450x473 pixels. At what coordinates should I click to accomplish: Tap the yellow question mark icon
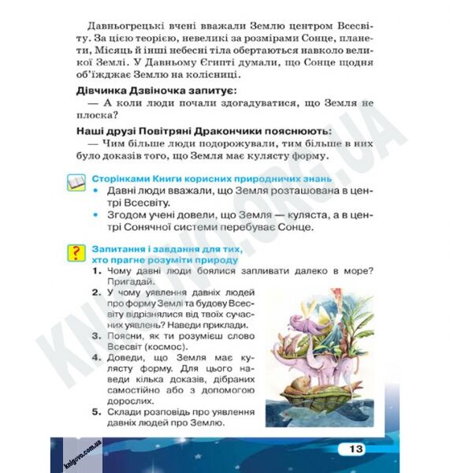[75, 253]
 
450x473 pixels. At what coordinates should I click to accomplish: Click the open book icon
[75, 184]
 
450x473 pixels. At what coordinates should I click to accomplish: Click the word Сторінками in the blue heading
[124, 179]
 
